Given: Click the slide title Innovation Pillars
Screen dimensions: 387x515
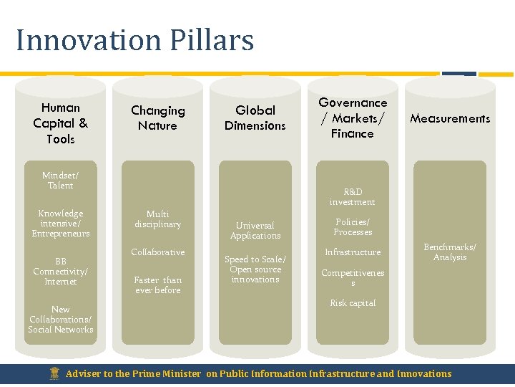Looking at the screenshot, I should (x=134, y=40).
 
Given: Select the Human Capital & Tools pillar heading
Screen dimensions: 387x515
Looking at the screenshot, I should (x=60, y=123).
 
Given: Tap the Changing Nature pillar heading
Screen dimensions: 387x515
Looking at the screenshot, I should (x=157, y=118).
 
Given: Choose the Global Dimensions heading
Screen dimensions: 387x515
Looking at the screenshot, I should (x=255, y=118).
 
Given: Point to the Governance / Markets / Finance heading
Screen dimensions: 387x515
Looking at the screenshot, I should (x=352, y=118).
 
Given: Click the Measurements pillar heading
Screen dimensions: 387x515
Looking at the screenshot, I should (x=450, y=118).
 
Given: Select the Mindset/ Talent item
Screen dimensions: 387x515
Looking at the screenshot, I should (x=60, y=181).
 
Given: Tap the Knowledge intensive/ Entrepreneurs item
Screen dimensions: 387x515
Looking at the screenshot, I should (x=60, y=224).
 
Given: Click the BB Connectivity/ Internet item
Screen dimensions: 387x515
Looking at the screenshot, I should (x=60, y=272).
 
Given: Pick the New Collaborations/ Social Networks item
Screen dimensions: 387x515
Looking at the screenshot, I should (x=60, y=320).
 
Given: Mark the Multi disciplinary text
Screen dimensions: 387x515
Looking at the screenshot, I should (x=157, y=219).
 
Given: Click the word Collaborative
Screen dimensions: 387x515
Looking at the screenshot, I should (x=157, y=252).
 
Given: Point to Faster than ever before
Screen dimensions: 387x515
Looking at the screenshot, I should (x=157, y=285).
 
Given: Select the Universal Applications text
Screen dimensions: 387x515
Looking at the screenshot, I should (x=255, y=231).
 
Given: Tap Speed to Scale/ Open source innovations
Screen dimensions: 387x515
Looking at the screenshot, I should (x=255, y=269).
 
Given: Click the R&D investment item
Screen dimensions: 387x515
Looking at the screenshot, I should (x=352, y=197).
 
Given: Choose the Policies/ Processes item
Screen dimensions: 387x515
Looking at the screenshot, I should (x=353, y=227).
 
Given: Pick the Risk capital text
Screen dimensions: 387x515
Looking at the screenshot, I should (x=352, y=303).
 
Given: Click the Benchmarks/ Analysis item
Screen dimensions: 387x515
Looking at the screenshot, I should (x=450, y=252).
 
